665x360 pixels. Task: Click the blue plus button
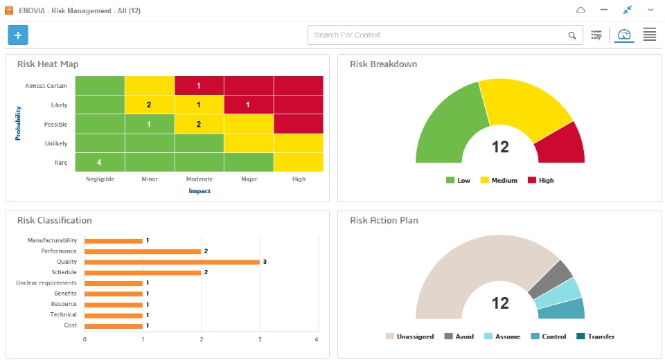click(18, 35)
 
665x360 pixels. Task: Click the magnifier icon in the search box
click(572, 35)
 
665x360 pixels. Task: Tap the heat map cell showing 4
click(100, 163)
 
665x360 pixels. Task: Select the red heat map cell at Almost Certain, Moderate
click(199, 86)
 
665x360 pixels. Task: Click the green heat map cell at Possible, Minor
click(150, 124)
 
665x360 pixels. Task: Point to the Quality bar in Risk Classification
click(172, 262)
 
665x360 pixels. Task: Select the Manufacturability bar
click(113, 241)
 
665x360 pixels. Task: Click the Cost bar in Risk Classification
click(113, 325)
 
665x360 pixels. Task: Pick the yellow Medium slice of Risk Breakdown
click(525, 105)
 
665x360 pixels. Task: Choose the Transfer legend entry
click(596, 336)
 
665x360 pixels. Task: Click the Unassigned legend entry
click(409, 336)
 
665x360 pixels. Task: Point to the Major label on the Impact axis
click(249, 179)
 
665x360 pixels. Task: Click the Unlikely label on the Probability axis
click(56, 143)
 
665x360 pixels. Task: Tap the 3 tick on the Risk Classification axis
click(260, 339)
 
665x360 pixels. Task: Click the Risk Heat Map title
click(48, 64)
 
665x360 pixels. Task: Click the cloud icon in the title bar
click(580, 10)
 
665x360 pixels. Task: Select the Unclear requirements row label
click(46, 283)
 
